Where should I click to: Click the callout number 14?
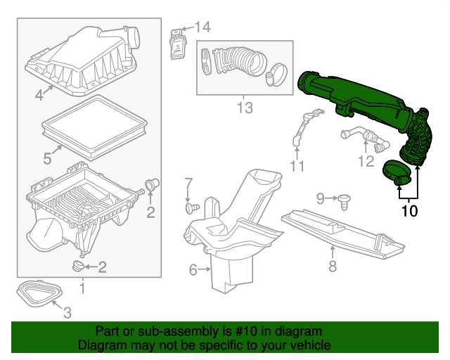point(202,27)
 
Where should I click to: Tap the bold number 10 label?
point(409,210)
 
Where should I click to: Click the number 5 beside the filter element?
point(46,159)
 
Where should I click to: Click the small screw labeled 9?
point(345,201)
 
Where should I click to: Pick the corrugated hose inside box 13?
point(236,59)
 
